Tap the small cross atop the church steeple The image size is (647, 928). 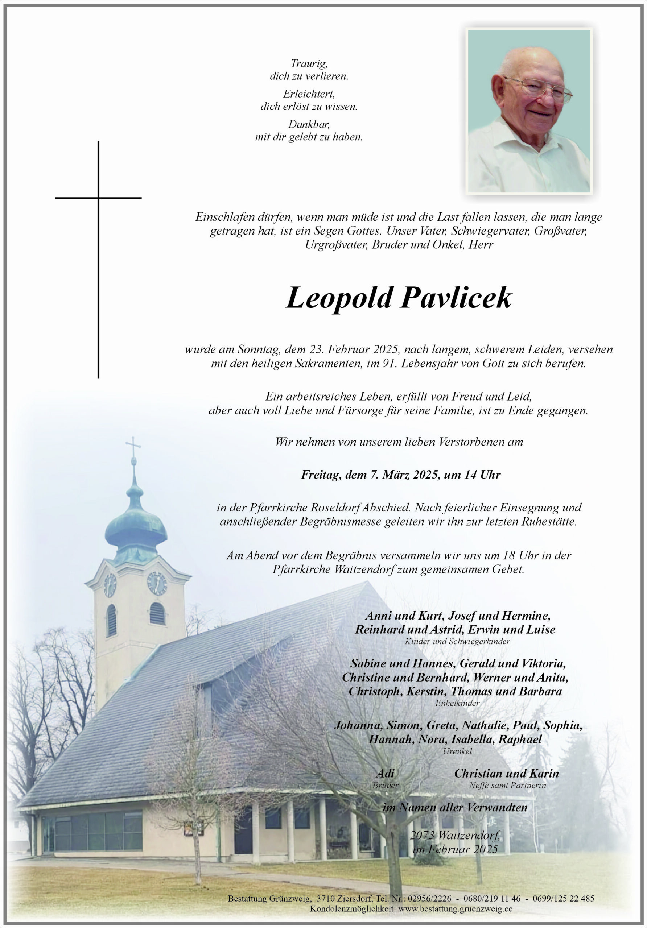133,446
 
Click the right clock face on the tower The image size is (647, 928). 157,583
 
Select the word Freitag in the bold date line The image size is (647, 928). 320,475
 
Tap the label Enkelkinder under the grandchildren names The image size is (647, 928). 457,703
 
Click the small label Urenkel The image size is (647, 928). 457,751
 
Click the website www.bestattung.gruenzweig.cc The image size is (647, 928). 450,908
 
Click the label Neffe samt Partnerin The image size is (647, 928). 507,785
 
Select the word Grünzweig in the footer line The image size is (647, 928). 289,899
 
